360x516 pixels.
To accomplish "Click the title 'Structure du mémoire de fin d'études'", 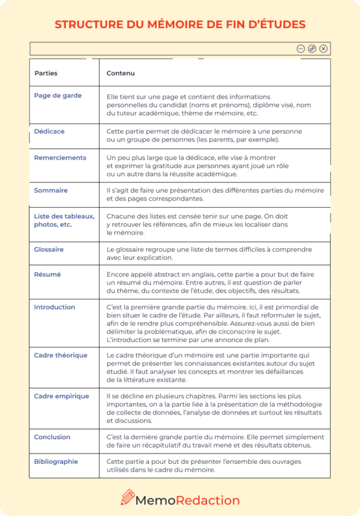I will pyautogui.click(x=180, y=25).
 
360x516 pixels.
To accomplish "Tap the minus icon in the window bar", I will pyautogui.click(x=301, y=49).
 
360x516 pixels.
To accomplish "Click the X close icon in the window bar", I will pyautogui.click(x=323, y=49).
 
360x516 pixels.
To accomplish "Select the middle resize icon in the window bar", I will pyautogui.click(x=312, y=49).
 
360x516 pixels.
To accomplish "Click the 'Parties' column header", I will pyautogui.click(x=46, y=73).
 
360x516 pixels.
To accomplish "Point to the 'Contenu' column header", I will pyautogui.click(x=120, y=73).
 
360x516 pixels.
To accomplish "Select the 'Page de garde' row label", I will pyautogui.click(x=58, y=95).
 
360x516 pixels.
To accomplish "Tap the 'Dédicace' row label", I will pyautogui.click(x=49, y=131).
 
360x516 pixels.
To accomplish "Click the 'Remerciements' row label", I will pyautogui.click(x=60, y=158).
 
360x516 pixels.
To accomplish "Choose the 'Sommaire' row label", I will pyautogui.click(x=51, y=190).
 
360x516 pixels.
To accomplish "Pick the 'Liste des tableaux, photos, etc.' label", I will pyautogui.click(x=64, y=220).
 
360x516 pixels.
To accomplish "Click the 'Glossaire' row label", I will pyautogui.click(x=49, y=249).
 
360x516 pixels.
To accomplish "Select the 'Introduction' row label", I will pyautogui.click(x=55, y=307).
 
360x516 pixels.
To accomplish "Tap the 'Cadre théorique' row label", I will pyautogui.click(x=61, y=355).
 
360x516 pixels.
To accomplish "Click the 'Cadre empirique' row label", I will pyautogui.click(x=61, y=396).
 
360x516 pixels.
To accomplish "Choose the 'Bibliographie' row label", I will pyautogui.click(x=56, y=461).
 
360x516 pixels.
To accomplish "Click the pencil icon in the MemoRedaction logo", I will pyautogui.click(x=128, y=497).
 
